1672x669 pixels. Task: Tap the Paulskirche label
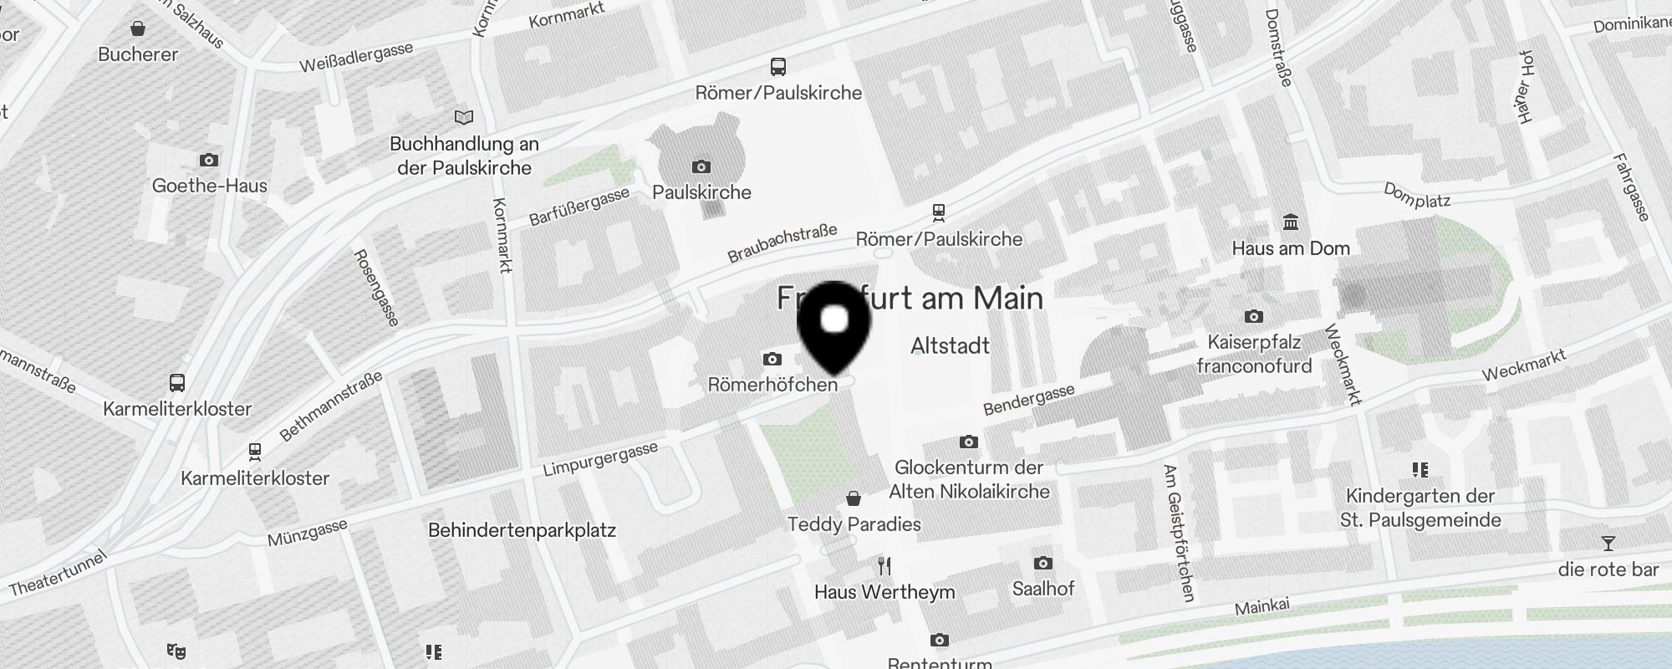coord(701,192)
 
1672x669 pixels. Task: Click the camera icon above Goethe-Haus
coord(209,160)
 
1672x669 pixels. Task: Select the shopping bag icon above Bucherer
coord(138,29)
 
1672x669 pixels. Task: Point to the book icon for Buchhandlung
coord(463,117)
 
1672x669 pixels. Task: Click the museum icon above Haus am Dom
coord(1291,222)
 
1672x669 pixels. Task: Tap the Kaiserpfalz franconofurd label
coord(1254,354)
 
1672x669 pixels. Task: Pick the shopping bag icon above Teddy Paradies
coord(854,498)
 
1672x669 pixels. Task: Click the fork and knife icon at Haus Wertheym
coord(884,566)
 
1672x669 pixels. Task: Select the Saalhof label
coord(1043,589)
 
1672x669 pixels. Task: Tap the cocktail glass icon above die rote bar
coord(1608,544)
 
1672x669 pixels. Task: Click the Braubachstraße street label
coord(782,243)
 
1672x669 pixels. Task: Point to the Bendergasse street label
coord(1028,401)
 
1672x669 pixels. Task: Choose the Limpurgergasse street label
coord(600,459)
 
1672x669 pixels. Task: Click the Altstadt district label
coord(950,345)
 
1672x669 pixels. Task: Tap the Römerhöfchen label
coord(772,385)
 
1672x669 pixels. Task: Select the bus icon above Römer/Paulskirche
coord(778,67)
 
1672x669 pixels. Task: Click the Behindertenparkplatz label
coord(522,530)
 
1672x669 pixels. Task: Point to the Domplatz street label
coord(1417,196)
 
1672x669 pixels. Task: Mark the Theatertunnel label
coord(58,573)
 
